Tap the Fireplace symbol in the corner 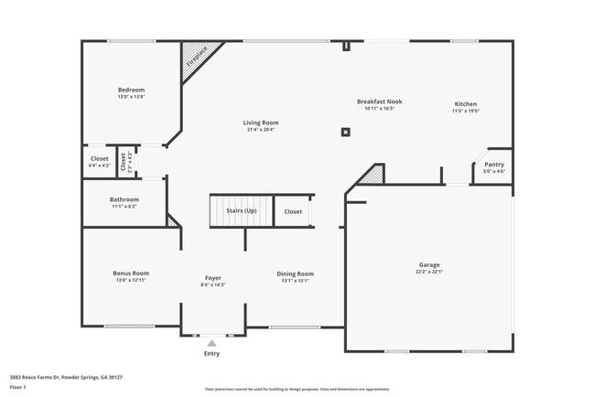[195, 57]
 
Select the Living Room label [261, 123]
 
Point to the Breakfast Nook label [379, 102]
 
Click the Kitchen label [466, 104]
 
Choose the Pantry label [493, 165]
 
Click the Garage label [429, 264]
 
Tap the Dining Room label [296, 274]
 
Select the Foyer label [212, 278]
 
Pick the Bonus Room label [131, 273]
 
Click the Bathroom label [124, 199]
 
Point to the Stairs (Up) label [242, 211]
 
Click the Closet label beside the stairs [293, 211]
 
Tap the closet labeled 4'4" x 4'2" [99, 162]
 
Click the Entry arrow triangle [212, 342]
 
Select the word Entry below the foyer [212, 352]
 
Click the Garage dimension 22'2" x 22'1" [429, 271]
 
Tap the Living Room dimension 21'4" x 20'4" [261, 129]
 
